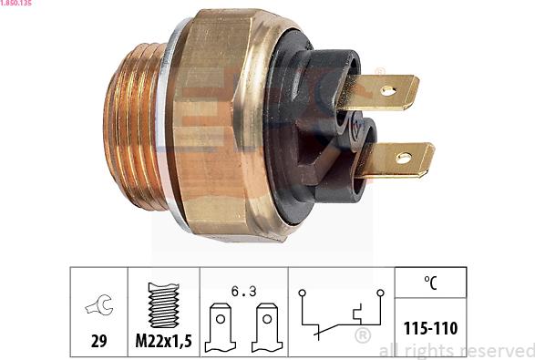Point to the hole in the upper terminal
[x=387, y=91]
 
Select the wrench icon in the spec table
[x=98, y=303]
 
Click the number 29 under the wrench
[x=98, y=342]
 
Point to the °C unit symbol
[x=429, y=284]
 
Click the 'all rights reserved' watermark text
[x=456, y=351]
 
